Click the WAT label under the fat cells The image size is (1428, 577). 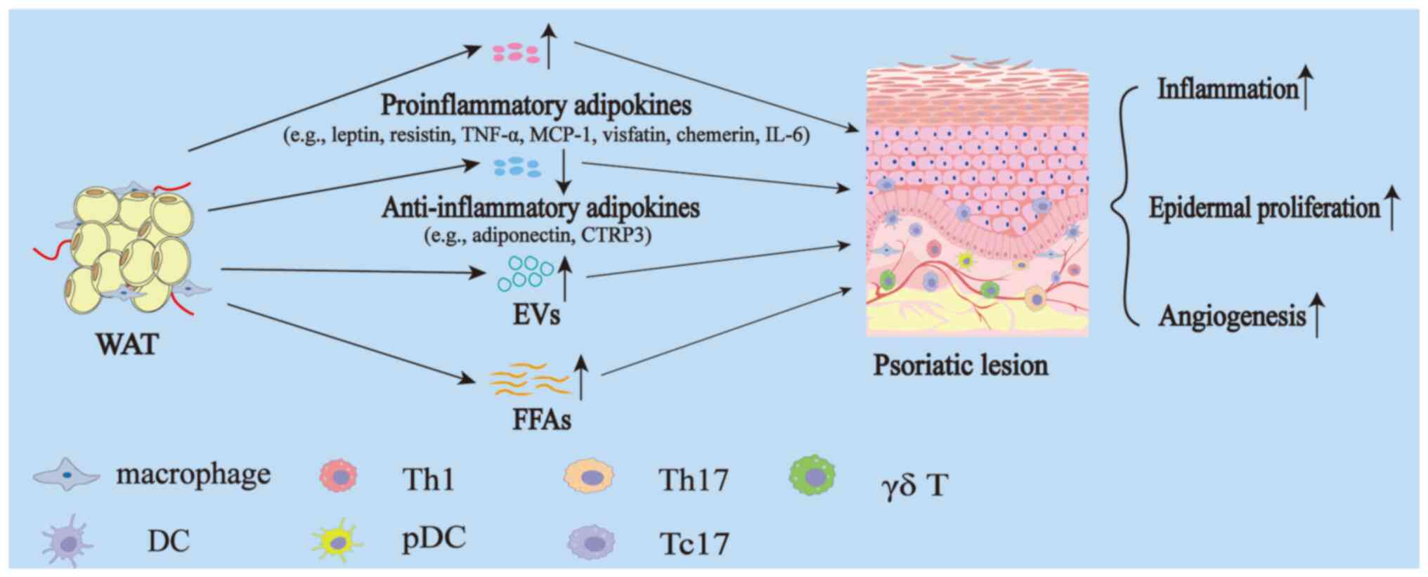tap(128, 344)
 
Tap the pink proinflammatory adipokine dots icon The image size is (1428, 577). tap(515, 53)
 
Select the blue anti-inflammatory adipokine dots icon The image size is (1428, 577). tap(517, 167)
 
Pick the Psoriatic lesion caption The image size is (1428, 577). tap(960, 365)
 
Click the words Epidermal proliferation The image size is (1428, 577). tap(1264, 208)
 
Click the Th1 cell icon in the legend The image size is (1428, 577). tap(339, 476)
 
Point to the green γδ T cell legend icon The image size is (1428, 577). tap(813, 476)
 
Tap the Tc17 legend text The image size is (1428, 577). tap(694, 543)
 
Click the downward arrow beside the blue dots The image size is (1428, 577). tap(563, 172)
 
